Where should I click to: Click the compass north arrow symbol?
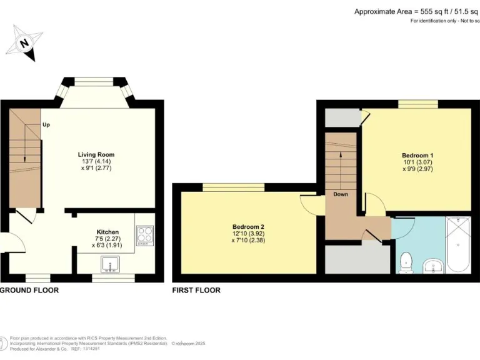click(24, 42)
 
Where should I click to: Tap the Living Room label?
click(96, 154)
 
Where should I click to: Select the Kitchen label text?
click(107, 231)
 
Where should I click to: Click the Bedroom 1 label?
click(417, 155)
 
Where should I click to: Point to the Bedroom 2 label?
click(248, 226)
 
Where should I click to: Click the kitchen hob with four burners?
click(144, 234)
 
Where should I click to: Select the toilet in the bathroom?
click(406, 262)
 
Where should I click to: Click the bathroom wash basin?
click(432, 267)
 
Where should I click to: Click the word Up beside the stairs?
click(46, 124)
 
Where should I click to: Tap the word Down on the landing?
click(341, 194)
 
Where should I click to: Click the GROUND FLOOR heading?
click(29, 291)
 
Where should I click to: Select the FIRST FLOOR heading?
click(196, 291)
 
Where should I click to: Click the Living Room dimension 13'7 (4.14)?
click(96, 161)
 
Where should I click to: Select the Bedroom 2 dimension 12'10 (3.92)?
click(248, 232)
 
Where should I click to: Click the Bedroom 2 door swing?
click(309, 203)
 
